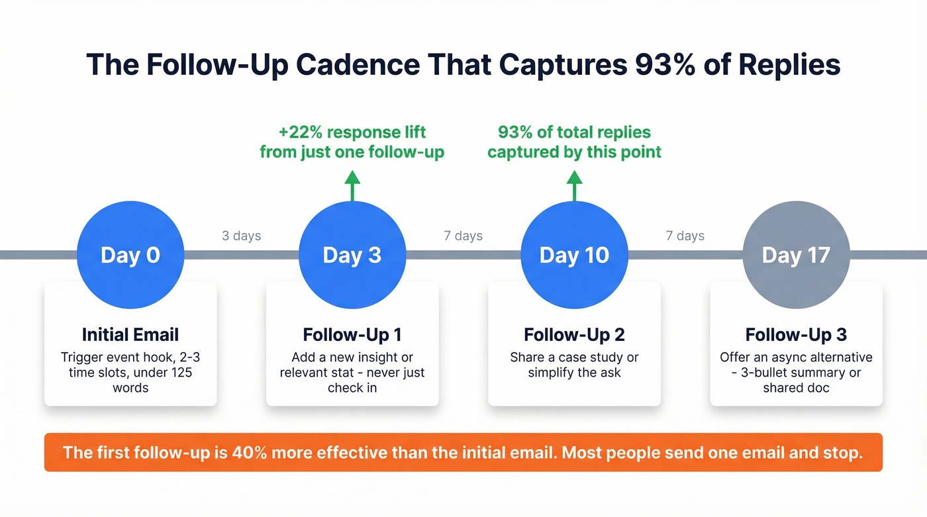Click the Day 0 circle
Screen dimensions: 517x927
click(130, 255)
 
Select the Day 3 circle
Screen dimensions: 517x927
click(352, 255)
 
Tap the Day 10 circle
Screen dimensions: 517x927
click(574, 255)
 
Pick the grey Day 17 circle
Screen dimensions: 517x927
click(796, 255)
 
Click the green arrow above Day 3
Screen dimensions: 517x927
click(352, 185)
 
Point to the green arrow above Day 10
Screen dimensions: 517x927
click(574, 185)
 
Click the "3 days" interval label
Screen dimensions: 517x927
click(241, 236)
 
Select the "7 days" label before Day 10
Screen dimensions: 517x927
click(463, 236)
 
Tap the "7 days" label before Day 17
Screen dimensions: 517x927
click(685, 236)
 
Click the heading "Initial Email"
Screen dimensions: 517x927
click(130, 334)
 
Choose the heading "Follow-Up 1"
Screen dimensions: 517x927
click(352, 334)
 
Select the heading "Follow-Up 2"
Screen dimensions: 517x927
click(574, 334)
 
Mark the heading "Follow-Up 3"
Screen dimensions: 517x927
click(796, 334)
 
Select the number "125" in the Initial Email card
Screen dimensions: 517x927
click(178, 372)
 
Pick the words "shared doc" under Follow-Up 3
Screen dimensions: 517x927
click(796, 387)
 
